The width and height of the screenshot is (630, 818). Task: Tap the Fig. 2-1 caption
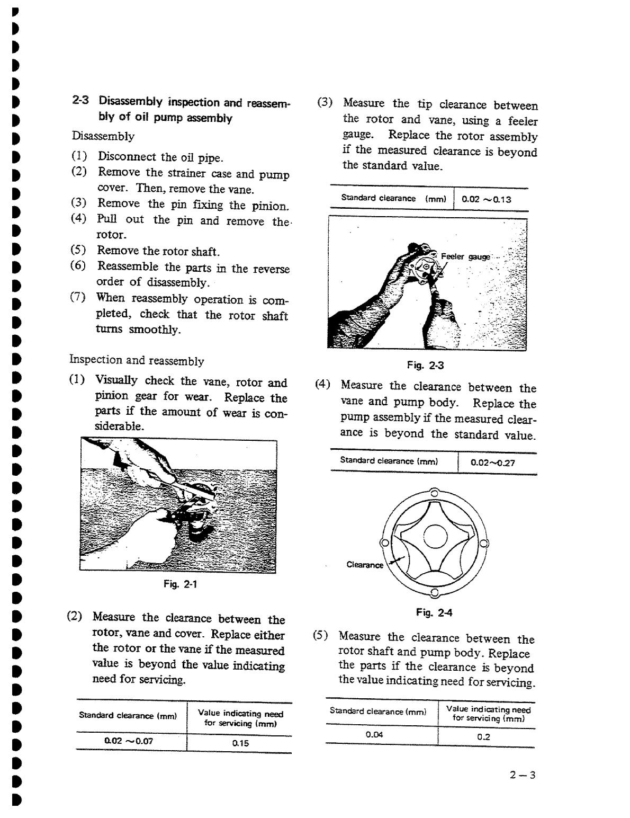179,584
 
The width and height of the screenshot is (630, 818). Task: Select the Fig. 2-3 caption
421,364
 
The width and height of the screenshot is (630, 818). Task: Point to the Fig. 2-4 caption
434,613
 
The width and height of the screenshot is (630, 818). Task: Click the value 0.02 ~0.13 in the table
486,199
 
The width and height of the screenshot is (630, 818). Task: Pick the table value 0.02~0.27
492,463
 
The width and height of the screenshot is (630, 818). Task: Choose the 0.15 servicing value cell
240,743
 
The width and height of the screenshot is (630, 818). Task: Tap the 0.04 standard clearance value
374,735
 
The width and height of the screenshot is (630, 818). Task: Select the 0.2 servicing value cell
483,737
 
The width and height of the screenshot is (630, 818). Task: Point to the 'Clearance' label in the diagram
364,565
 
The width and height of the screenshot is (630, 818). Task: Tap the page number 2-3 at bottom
523,776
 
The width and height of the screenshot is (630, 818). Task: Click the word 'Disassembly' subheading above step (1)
103,136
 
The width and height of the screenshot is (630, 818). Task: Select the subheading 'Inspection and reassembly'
137,361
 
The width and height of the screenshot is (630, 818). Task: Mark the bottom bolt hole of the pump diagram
434,592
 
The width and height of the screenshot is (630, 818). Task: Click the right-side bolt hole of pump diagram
483,543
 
